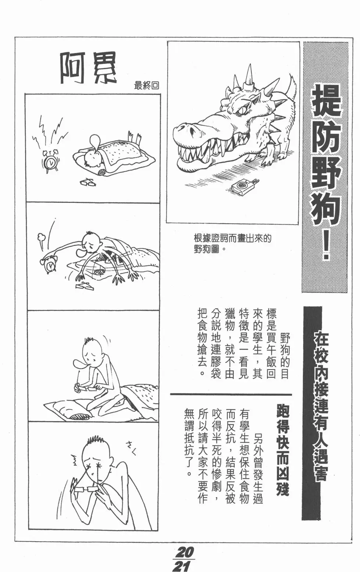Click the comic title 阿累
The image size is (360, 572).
(x=88, y=68)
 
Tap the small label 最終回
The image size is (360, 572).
(x=146, y=86)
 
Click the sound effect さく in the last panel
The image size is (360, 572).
(x=132, y=448)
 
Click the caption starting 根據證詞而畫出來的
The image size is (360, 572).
(x=232, y=243)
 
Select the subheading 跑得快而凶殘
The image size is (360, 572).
(x=283, y=450)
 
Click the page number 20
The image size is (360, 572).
(x=184, y=552)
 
